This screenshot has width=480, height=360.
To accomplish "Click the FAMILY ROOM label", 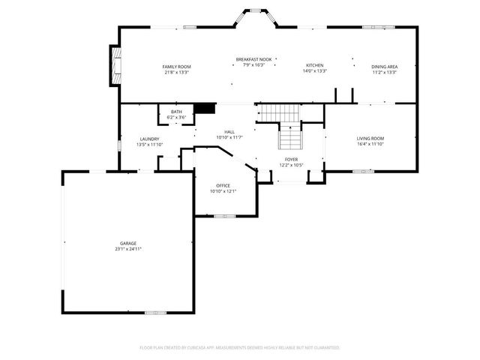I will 176,67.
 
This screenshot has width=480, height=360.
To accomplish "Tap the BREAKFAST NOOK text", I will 253,59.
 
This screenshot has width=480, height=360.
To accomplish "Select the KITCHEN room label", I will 314,66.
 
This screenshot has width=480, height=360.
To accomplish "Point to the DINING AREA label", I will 384,67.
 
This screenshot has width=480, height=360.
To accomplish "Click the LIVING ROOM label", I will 370,139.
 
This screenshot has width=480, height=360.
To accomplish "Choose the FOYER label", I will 290,160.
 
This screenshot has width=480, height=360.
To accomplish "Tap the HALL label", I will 229,132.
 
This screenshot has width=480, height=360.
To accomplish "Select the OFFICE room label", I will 223,185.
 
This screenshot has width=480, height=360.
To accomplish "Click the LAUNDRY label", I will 149,139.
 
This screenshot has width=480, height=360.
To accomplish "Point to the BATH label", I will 176,112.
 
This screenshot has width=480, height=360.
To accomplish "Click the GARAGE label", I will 128,243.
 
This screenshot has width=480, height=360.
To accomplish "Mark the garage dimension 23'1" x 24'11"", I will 128,249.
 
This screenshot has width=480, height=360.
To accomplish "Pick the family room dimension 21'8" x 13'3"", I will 176,73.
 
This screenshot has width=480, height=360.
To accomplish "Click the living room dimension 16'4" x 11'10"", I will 370,145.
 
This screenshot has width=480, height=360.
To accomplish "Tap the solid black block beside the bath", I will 205,109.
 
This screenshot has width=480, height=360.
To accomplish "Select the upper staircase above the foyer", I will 279,113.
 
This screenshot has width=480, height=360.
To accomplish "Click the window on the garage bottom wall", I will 155,312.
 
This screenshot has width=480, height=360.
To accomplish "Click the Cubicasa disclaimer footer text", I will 240,348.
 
